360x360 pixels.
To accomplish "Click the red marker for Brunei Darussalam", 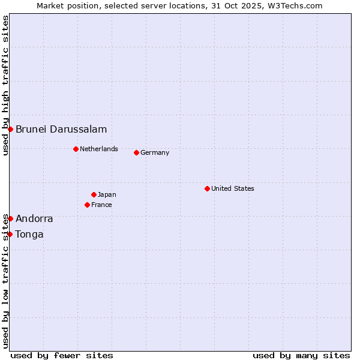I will point(10,129).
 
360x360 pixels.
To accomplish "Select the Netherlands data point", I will point(76,149).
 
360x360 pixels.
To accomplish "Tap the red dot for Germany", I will point(136,152).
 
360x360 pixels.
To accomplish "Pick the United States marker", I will point(207,188).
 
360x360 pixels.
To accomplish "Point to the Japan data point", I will point(94,194).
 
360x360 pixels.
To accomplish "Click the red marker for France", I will point(87,205).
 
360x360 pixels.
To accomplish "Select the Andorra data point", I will point(10,218).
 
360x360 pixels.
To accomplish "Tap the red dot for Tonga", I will point(10,234).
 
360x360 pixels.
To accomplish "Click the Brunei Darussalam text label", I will point(61,129).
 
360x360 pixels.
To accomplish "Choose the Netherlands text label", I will point(99,149).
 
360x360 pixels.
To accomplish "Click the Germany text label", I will point(155,152).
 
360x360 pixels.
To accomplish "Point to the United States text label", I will point(233,188).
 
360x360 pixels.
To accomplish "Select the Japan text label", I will point(107,194).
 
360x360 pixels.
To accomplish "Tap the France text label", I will point(101,205).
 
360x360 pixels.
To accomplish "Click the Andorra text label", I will point(34,218).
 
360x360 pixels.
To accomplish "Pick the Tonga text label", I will point(29,234).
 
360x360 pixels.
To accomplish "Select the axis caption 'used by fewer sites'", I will point(62,355).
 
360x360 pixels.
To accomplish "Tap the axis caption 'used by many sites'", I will point(301,355).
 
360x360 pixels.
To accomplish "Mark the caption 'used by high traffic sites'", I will point(5,85).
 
